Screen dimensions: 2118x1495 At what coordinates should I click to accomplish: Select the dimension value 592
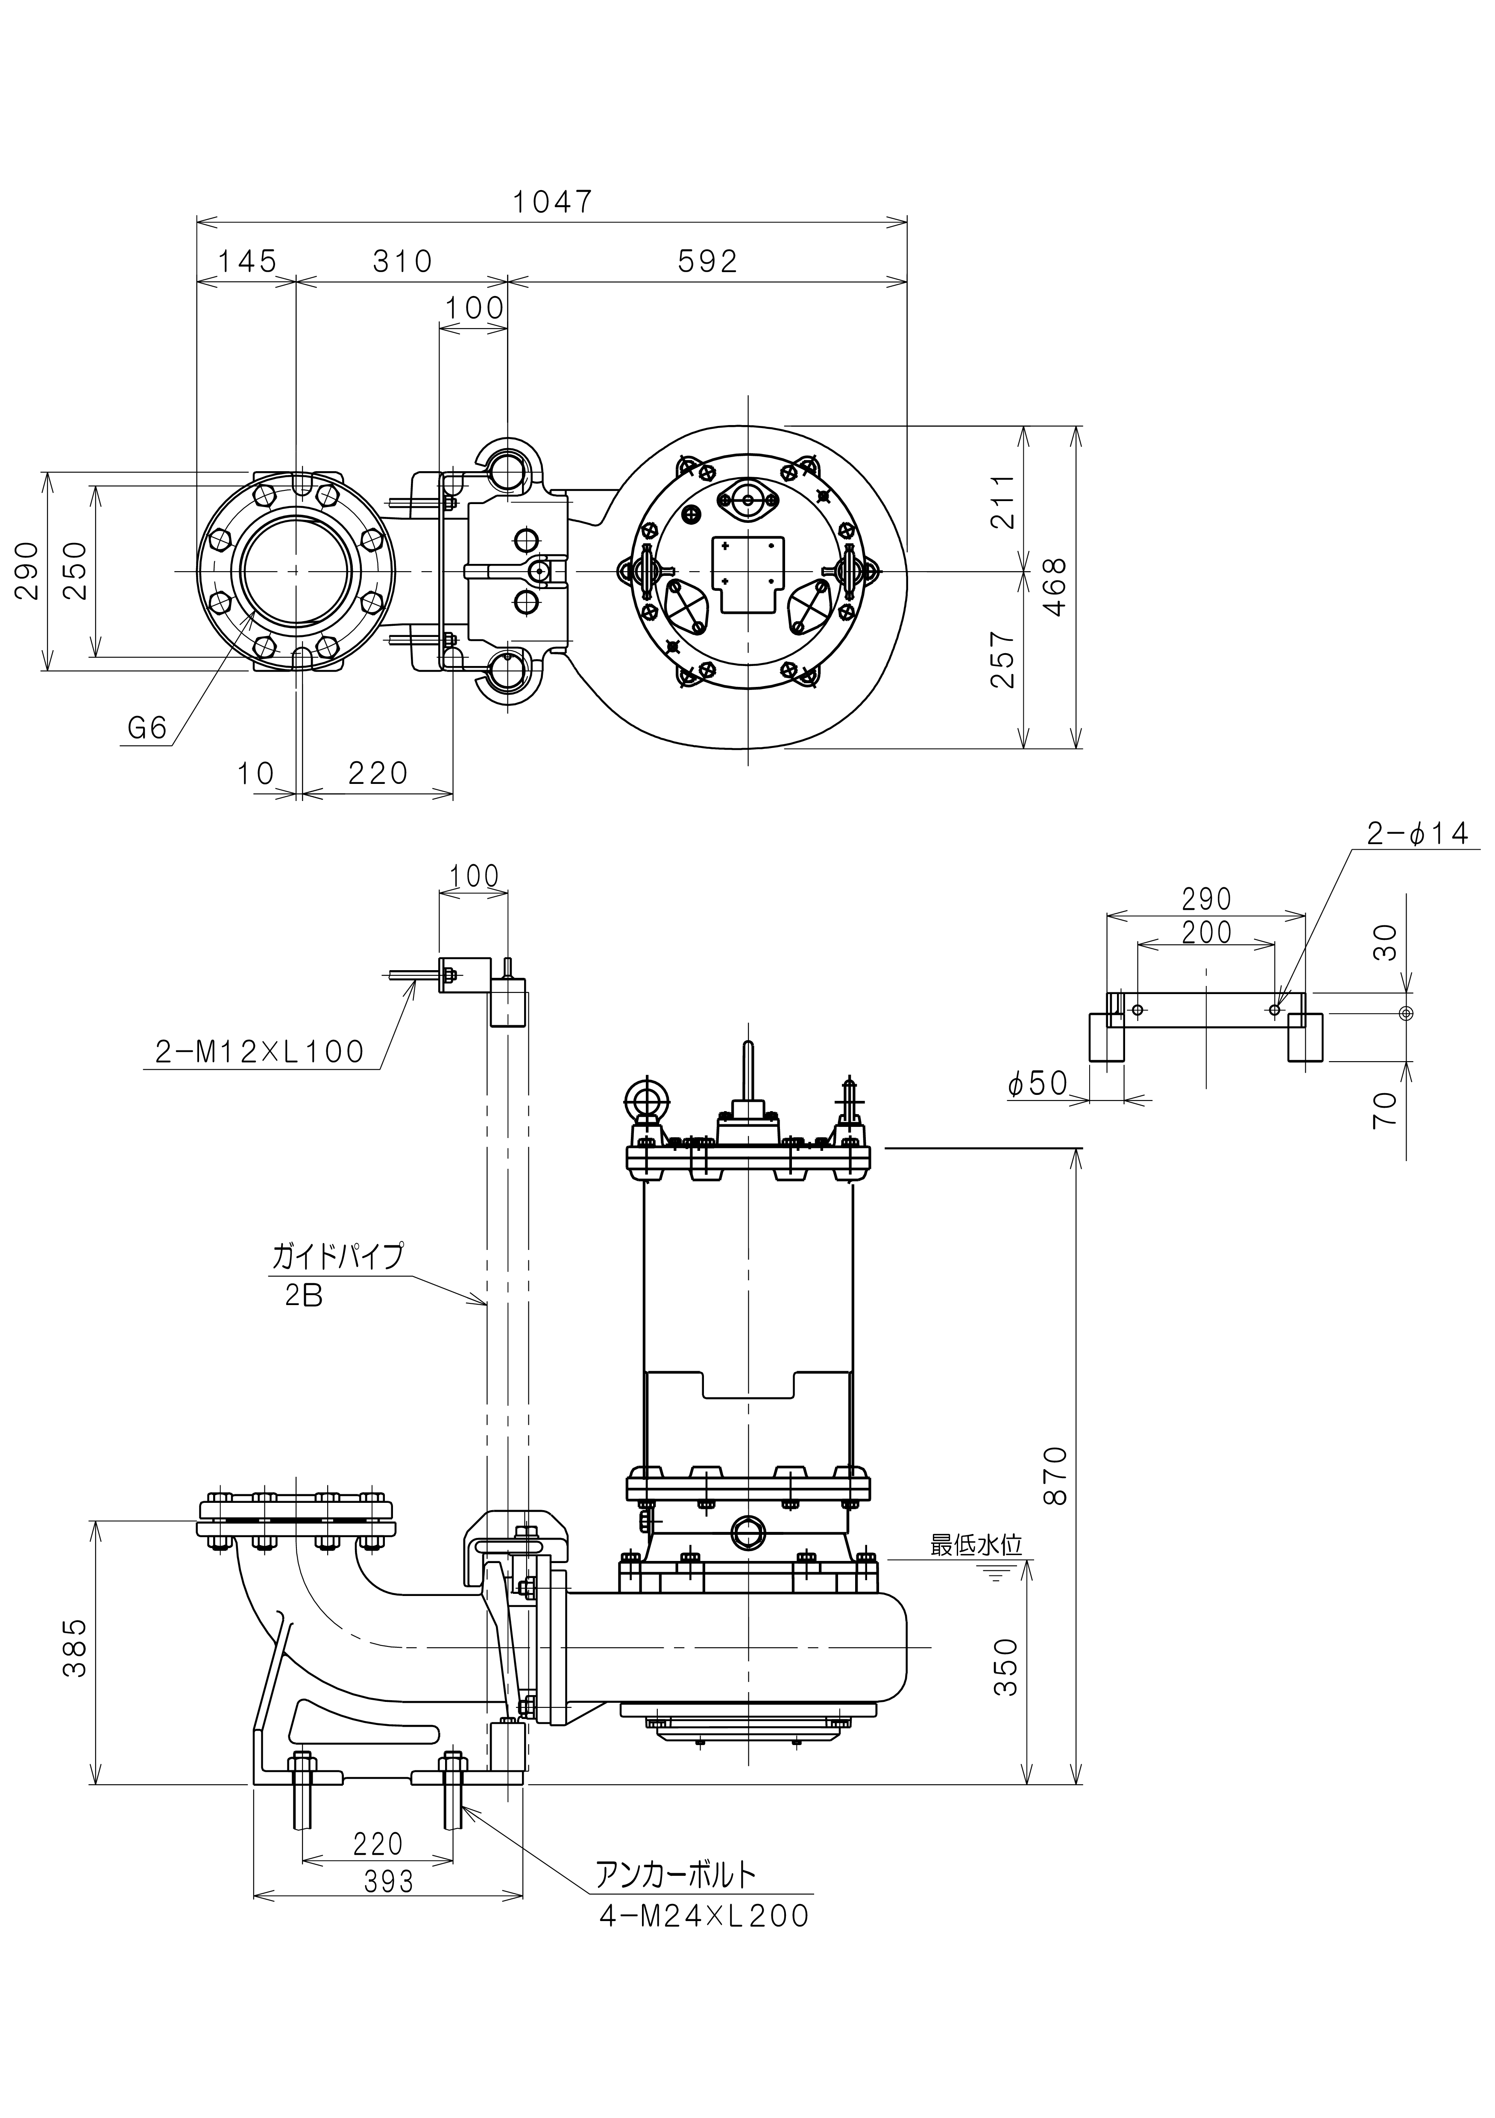[707, 262]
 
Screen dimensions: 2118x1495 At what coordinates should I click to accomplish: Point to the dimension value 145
[247, 262]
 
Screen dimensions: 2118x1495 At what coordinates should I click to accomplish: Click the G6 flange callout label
[147, 729]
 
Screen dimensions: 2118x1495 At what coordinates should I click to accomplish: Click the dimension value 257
[1003, 660]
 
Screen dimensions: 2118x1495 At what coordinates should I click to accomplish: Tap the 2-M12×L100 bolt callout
[260, 1052]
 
